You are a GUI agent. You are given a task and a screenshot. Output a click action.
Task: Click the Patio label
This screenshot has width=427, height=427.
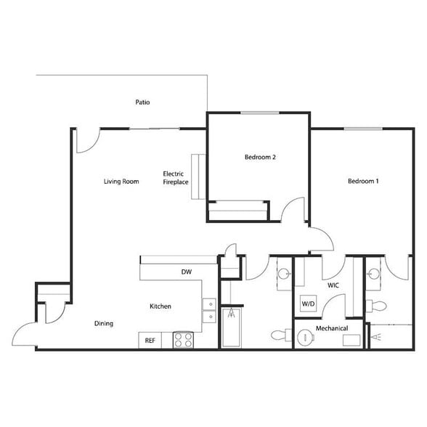click(142, 102)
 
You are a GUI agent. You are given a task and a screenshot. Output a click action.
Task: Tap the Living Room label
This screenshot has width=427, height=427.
click(121, 182)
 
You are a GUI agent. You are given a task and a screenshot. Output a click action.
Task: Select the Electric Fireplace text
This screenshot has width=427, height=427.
click(176, 178)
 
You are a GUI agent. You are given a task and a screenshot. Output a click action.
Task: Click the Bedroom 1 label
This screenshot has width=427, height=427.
click(362, 182)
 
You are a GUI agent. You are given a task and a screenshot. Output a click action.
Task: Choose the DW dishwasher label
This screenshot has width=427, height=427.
click(186, 272)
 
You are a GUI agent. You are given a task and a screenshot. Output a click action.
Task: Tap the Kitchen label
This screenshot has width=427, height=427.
click(160, 306)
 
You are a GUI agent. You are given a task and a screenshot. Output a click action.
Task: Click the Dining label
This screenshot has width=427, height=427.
click(103, 324)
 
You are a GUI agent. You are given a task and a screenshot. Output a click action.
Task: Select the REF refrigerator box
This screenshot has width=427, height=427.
click(150, 340)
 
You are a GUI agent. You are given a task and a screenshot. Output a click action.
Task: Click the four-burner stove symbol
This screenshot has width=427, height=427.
click(182, 340)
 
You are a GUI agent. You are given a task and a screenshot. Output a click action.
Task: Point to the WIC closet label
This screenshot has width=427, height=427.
click(333, 286)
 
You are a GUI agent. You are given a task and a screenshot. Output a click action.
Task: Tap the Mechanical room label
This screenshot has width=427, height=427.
click(332, 329)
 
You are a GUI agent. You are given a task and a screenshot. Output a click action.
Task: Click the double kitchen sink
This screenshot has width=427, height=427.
click(208, 309)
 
